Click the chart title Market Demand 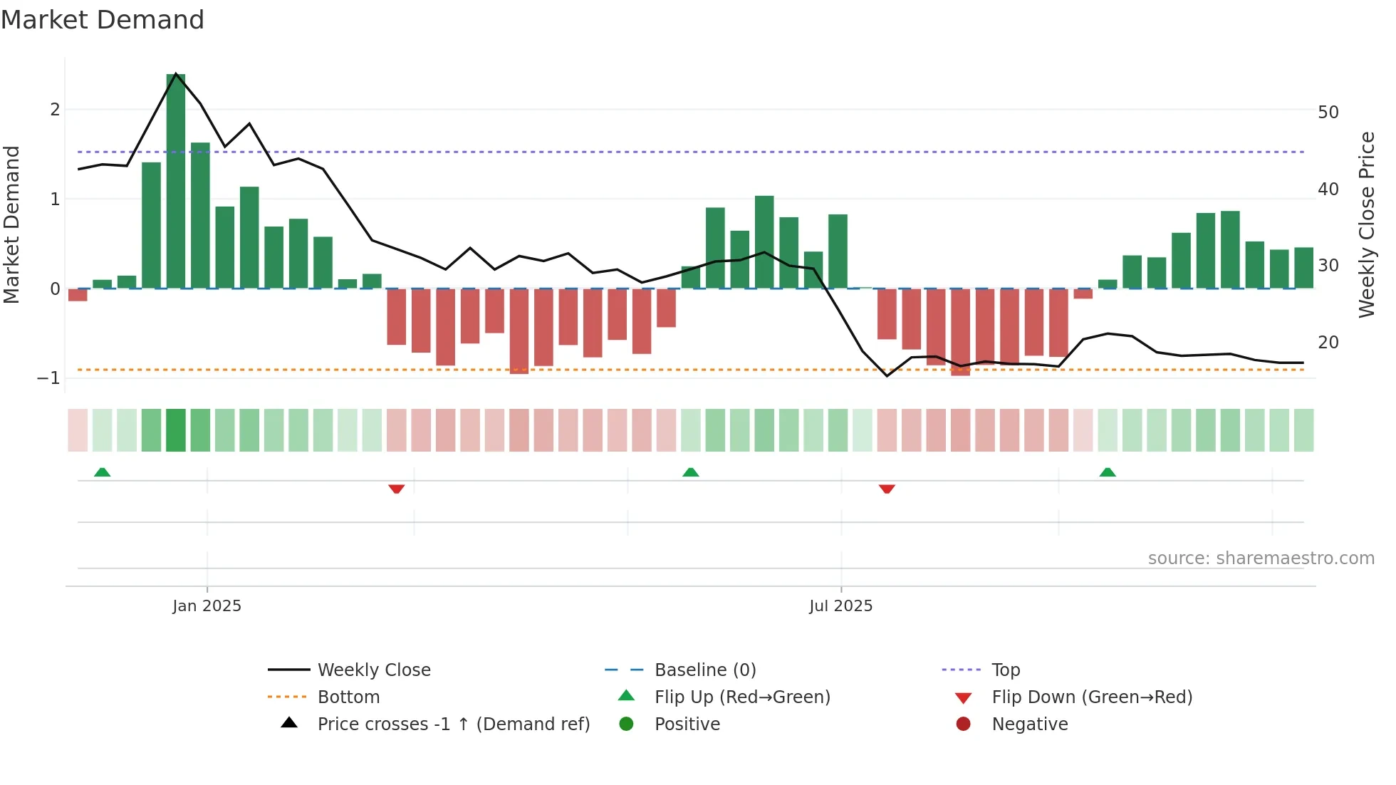pyautogui.click(x=103, y=20)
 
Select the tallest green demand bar pyautogui.click(x=176, y=182)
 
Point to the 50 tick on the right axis pyautogui.click(x=1328, y=113)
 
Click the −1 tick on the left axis pyautogui.click(x=49, y=378)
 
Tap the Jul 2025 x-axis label pyautogui.click(x=840, y=606)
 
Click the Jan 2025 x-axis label pyautogui.click(x=207, y=606)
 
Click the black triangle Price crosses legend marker pyautogui.click(x=289, y=723)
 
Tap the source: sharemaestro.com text pyautogui.click(x=1261, y=558)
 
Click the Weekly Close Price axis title pyautogui.click(x=1366, y=224)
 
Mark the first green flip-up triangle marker pyautogui.click(x=103, y=472)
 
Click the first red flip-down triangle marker pyautogui.click(x=397, y=489)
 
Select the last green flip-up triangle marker pyautogui.click(x=1108, y=472)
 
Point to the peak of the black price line pyautogui.click(x=176, y=73)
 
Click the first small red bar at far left pyautogui.click(x=78, y=295)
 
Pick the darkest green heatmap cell pyautogui.click(x=176, y=430)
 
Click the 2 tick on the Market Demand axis pyautogui.click(x=55, y=110)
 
